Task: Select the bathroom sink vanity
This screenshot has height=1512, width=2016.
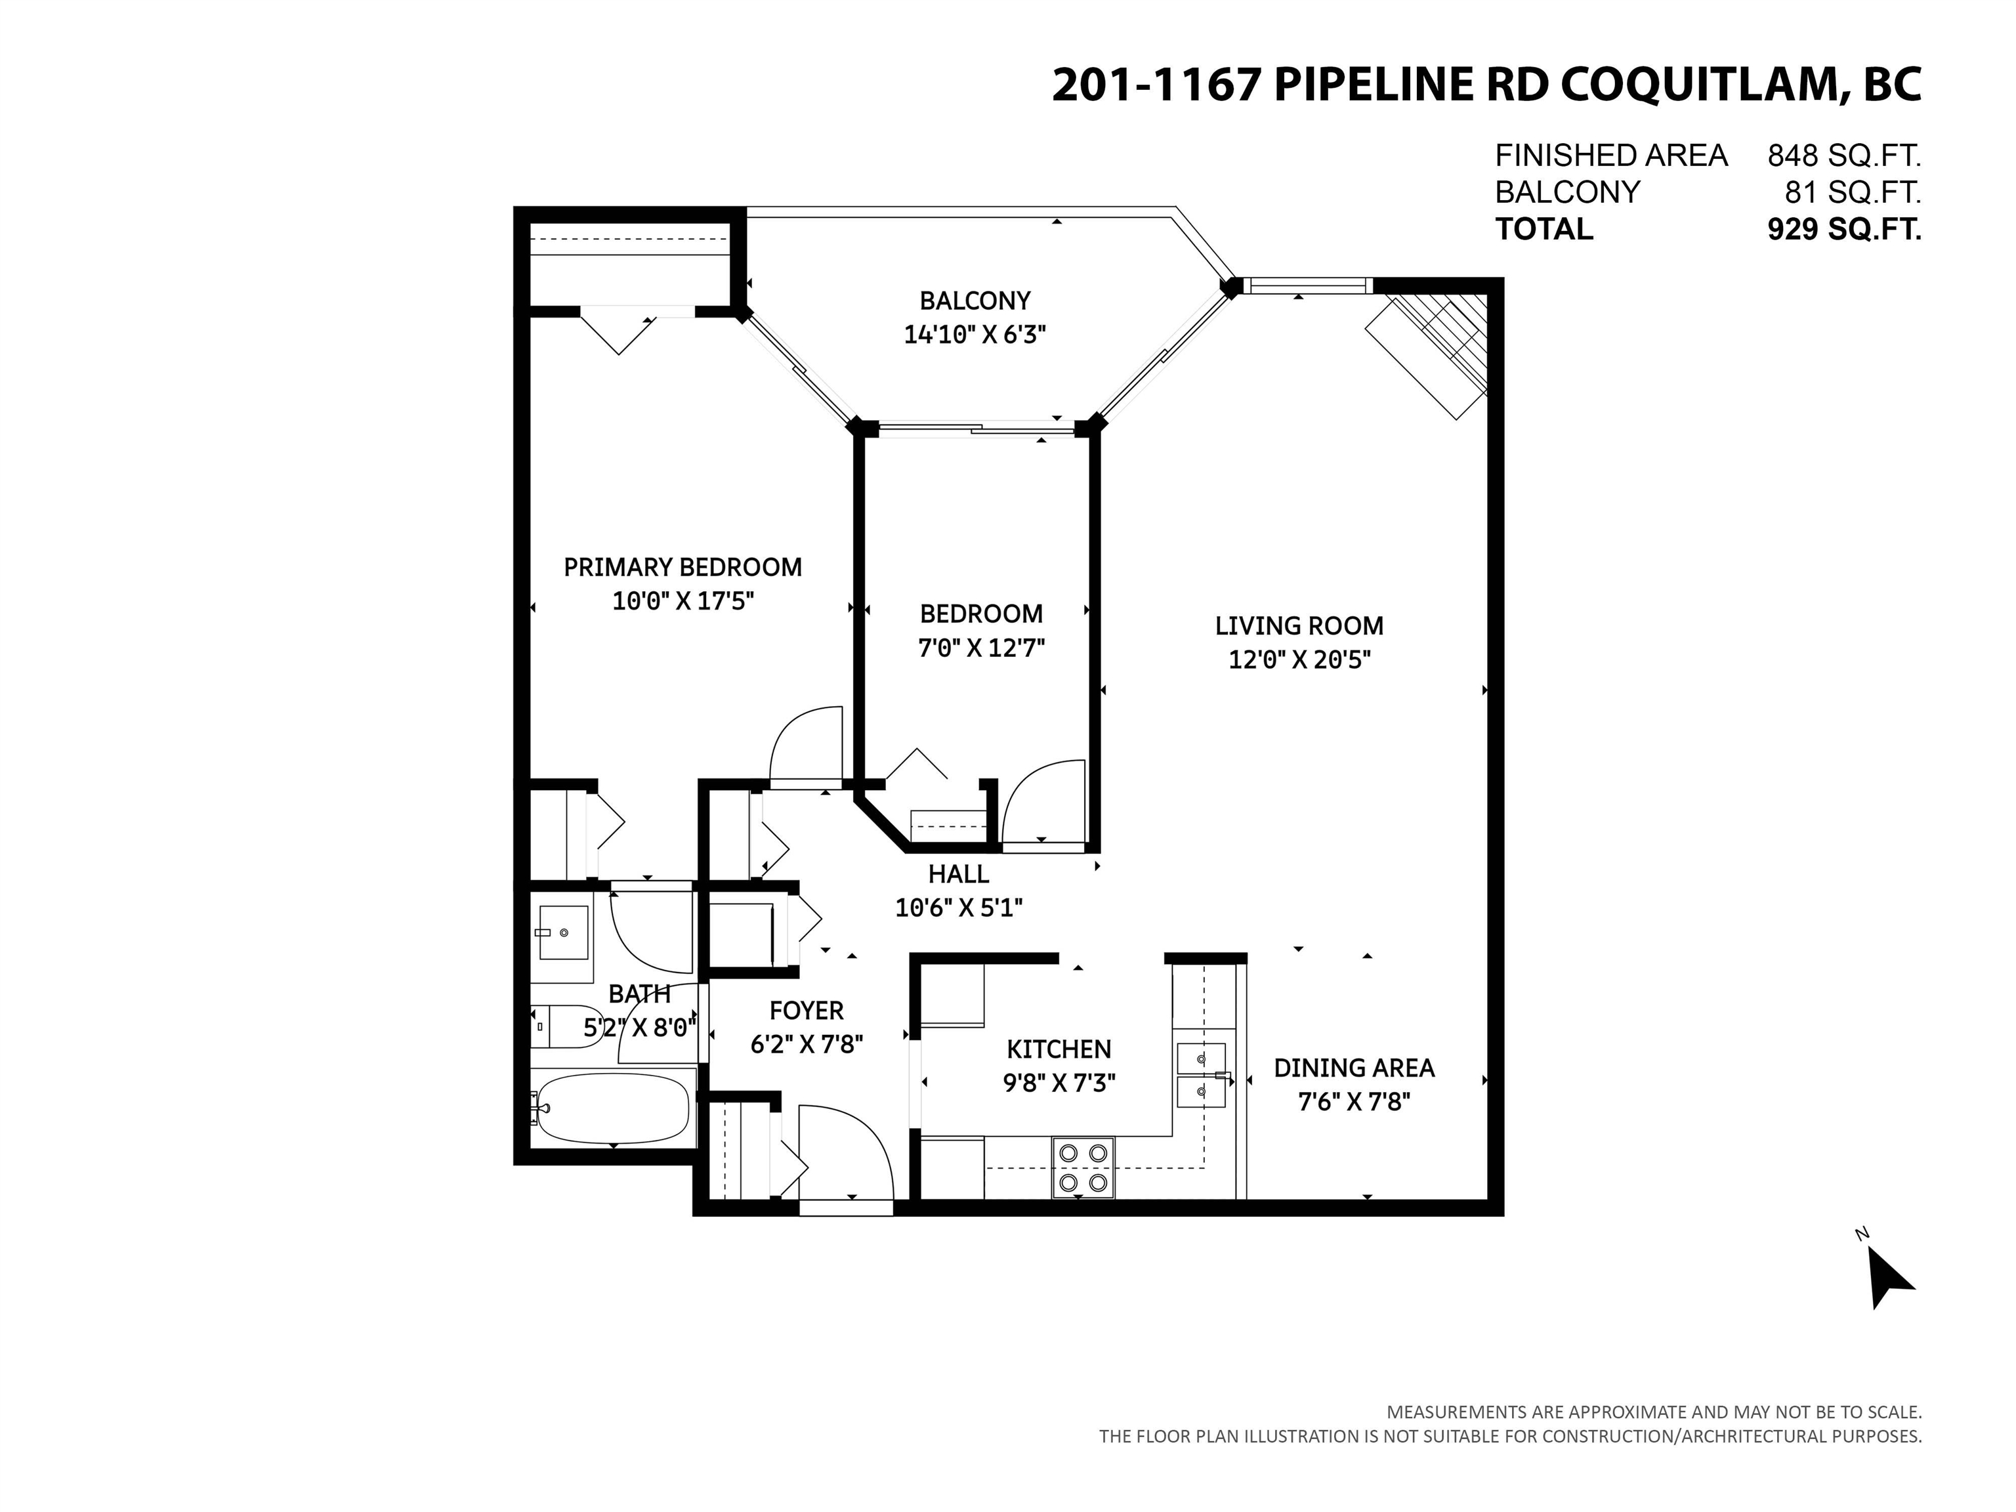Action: [562, 933]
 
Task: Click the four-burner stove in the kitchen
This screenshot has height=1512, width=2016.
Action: [1083, 1167]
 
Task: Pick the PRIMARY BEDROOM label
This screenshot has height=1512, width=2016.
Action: [682, 567]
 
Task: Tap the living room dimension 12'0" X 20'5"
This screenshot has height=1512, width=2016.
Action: [1299, 660]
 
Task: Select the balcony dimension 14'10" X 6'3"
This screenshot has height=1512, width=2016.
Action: [973, 335]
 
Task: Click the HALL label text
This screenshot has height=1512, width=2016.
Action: [958, 874]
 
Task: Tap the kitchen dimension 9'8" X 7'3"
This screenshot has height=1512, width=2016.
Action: [1059, 1083]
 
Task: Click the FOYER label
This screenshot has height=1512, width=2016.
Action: [806, 1010]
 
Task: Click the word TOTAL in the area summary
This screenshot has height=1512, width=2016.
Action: [1544, 229]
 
